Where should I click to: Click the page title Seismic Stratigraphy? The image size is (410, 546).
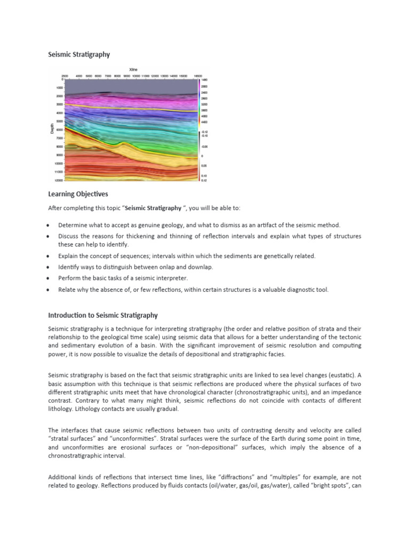(x=79, y=54)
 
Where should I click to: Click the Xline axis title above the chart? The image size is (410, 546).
(x=133, y=69)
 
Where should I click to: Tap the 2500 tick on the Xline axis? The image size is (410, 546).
(x=65, y=76)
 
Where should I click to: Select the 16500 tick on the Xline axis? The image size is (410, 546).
(x=197, y=76)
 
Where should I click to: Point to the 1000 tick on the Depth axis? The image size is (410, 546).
(x=59, y=87)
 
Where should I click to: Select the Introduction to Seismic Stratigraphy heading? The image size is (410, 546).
(x=103, y=316)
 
